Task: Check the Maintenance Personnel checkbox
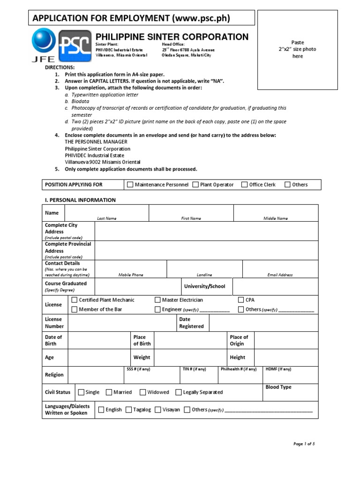(130, 185)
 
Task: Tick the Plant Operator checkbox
(195, 185)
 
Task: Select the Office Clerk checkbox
(244, 185)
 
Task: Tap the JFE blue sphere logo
(44, 41)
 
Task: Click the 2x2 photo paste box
(298, 49)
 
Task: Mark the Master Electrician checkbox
(157, 300)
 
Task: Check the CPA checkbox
(241, 300)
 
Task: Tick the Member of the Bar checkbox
(74, 309)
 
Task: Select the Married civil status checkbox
(109, 392)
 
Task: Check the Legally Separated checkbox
(179, 392)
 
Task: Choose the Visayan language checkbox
(158, 410)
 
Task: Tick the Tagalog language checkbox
(129, 410)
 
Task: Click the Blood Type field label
(278, 387)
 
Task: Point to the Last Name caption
(107, 218)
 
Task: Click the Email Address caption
(280, 275)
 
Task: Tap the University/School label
(204, 286)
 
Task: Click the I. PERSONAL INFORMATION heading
(80, 200)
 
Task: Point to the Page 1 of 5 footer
(304, 443)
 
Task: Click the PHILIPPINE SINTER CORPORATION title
(172, 37)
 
